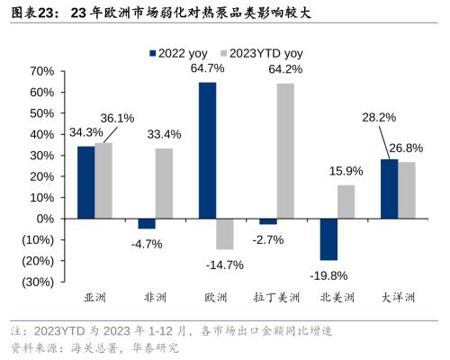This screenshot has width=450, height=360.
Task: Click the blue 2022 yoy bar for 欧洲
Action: click(x=207, y=150)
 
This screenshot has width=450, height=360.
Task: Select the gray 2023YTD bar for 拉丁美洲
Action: click(x=285, y=150)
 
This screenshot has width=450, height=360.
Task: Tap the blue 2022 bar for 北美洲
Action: click(x=328, y=238)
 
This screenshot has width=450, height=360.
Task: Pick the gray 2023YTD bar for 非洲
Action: click(x=164, y=183)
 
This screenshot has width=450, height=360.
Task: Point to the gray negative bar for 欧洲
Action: click(x=225, y=233)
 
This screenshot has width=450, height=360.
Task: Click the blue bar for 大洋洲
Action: click(x=389, y=188)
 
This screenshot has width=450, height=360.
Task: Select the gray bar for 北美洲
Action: click(x=346, y=202)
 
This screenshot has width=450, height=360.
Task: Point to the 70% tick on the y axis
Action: click(x=39, y=71)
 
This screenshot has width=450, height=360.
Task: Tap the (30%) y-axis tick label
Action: click(x=34, y=282)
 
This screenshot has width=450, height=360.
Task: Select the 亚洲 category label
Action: click(x=94, y=298)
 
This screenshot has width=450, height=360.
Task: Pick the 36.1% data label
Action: click(x=117, y=118)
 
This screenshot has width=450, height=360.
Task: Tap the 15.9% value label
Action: click(x=346, y=171)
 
